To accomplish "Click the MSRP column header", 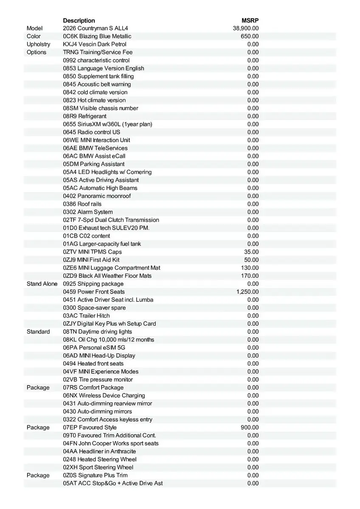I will [250, 20].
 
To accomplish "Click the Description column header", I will [79, 20].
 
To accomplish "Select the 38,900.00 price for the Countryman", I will [246, 28].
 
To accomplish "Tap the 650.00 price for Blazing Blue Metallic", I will [250, 36].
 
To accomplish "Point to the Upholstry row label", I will [38, 44].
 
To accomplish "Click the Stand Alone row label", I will [42, 284].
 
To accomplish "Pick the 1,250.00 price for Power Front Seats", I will [247, 292].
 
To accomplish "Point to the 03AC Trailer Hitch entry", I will [86, 316].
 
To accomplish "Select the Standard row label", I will [38, 332].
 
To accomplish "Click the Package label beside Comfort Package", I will [38, 388].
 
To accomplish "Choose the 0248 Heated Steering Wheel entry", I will [100, 459].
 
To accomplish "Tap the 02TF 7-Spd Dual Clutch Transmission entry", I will [111, 220].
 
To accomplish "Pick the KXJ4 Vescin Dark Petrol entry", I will [95, 44].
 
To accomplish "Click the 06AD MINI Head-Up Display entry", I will [99, 355].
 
